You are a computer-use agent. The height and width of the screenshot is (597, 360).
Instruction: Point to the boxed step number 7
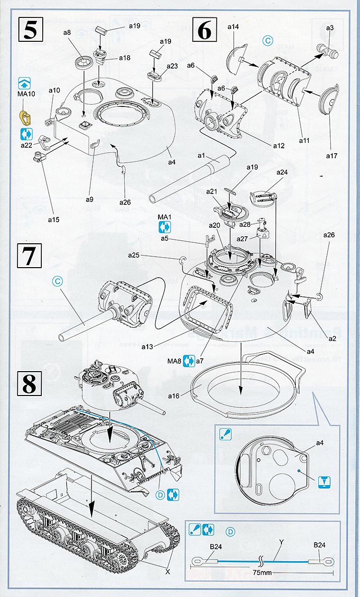(x=30, y=256)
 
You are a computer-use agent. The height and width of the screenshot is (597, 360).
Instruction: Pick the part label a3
(x=329, y=28)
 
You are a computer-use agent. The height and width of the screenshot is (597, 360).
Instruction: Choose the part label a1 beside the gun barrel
(x=201, y=156)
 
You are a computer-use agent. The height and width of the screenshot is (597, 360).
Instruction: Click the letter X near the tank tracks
(x=168, y=572)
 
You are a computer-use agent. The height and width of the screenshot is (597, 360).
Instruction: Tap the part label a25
(x=134, y=255)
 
